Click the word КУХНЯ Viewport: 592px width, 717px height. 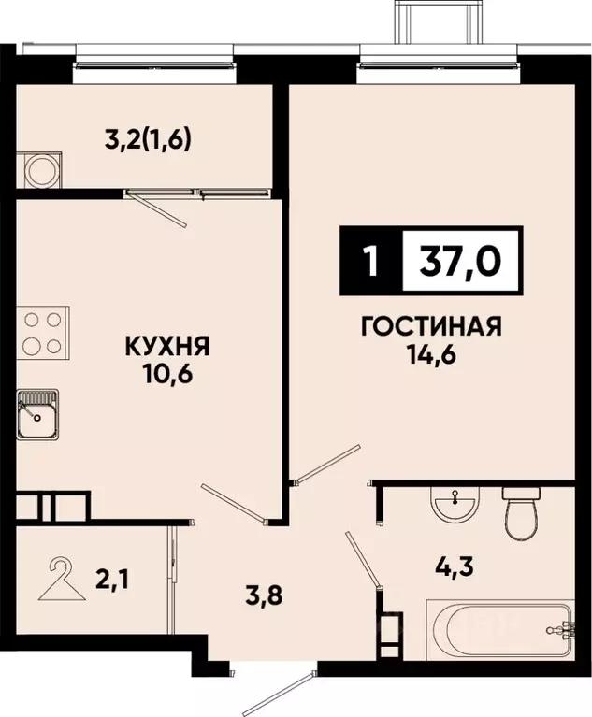tap(168, 347)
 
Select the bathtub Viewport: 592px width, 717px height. tap(499, 633)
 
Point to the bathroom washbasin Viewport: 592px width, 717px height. tap(454, 506)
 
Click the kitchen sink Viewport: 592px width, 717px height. tap(36, 414)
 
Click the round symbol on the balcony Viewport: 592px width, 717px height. tap(40, 170)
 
